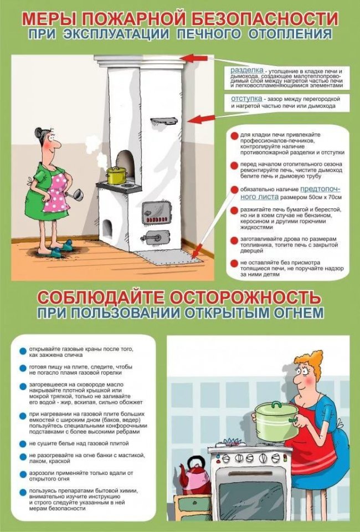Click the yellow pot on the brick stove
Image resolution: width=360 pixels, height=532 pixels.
point(117,176)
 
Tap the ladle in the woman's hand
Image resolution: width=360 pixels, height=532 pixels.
point(75,196)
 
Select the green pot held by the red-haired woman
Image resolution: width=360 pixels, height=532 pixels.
point(276,421)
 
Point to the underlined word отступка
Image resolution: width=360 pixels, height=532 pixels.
point(246,99)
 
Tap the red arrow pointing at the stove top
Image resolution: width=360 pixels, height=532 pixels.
point(193,58)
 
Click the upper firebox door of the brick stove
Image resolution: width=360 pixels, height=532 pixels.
point(156,212)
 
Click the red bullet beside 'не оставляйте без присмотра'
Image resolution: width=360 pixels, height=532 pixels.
point(234,263)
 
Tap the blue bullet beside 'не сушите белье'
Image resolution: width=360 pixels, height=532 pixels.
point(23,444)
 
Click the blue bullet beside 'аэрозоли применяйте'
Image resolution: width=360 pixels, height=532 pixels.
point(23,474)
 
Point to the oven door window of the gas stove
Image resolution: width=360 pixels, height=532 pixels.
point(252,497)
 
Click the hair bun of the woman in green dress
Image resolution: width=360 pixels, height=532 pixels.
point(38,132)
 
